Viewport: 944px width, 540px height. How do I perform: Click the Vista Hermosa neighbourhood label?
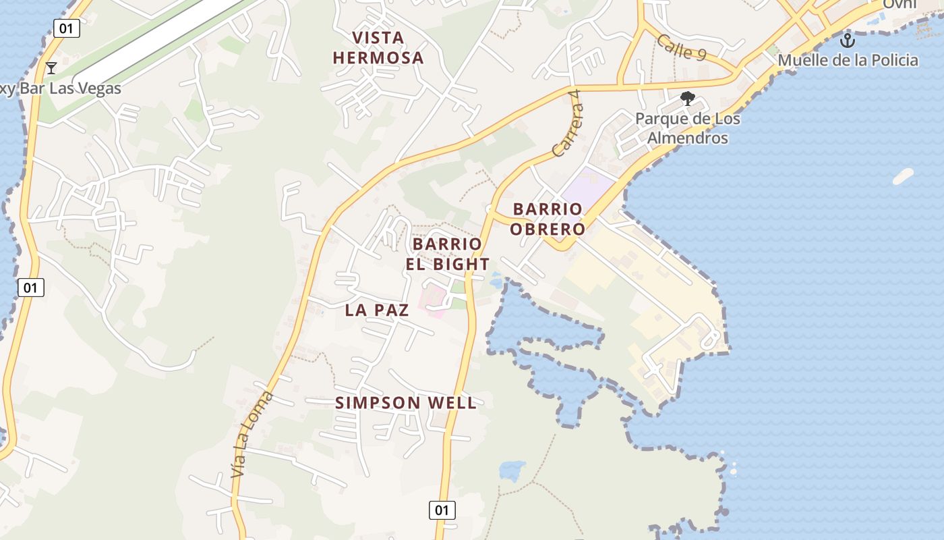click(x=378, y=47)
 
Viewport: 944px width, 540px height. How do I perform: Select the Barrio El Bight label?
click(x=448, y=254)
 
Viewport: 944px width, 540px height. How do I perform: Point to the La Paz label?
click(x=377, y=310)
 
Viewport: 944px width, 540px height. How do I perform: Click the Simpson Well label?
click(x=406, y=403)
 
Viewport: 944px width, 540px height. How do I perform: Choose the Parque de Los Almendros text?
click(x=687, y=128)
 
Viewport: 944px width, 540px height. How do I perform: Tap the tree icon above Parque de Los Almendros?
click(x=688, y=99)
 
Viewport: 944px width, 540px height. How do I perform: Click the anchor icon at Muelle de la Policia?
click(x=847, y=40)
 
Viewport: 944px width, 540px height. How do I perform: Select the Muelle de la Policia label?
click(x=848, y=60)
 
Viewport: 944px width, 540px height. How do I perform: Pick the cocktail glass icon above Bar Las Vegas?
click(x=51, y=67)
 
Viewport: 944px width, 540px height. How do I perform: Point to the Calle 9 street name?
click(x=681, y=47)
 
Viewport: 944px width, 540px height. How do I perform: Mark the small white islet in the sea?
click(x=903, y=176)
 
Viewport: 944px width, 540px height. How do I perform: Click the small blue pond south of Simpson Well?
click(x=512, y=470)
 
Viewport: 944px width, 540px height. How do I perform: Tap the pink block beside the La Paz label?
click(x=433, y=301)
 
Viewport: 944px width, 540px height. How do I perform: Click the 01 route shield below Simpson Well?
click(x=442, y=510)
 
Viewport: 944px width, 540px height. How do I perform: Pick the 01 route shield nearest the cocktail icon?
click(x=67, y=28)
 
